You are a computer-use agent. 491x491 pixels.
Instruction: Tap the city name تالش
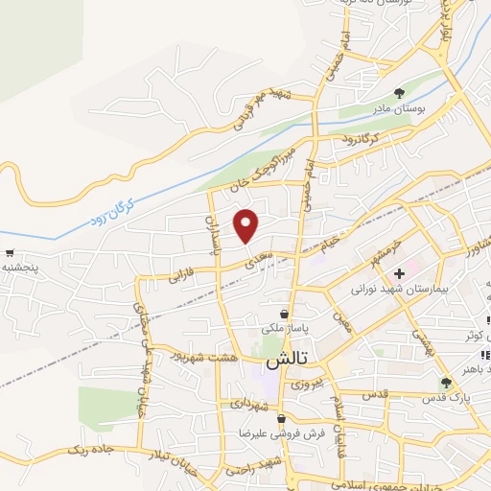click(285, 362)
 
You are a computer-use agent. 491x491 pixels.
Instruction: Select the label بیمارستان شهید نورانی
click(386, 289)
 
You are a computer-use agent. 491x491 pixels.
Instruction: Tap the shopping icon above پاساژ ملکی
click(284, 314)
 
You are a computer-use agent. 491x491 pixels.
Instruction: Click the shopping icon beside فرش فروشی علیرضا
click(280, 419)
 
